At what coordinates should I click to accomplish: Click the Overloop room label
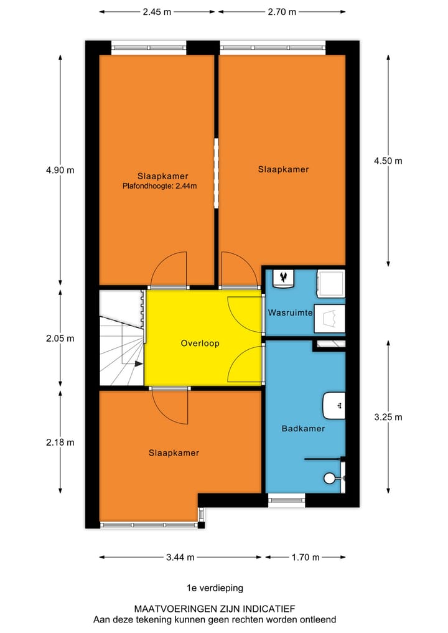(200, 343)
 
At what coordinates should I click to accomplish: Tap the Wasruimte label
(289, 313)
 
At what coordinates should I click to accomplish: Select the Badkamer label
(303, 428)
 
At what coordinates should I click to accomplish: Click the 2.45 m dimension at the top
(157, 11)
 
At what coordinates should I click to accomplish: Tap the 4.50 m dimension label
(388, 161)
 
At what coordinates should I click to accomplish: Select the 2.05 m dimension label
(60, 339)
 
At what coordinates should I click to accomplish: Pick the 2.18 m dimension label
(60, 443)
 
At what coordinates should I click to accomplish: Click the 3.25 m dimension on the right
(388, 417)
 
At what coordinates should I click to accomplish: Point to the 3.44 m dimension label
(181, 557)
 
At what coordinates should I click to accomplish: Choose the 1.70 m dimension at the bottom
(306, 557)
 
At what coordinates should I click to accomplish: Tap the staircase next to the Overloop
(121, 339)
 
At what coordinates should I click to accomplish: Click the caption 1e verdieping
(215, 588)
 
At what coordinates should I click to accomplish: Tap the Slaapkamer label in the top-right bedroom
(283, 169)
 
